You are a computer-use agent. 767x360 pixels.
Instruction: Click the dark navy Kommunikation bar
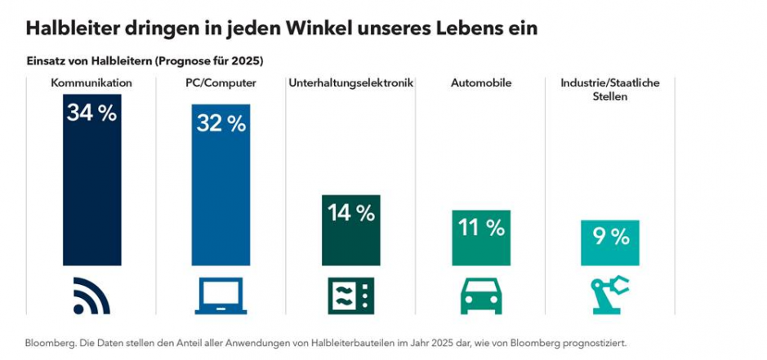91,196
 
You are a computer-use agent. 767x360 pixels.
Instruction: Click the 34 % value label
91,113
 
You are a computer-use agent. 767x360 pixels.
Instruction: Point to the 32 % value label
221,123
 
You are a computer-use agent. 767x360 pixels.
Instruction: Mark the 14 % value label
350,214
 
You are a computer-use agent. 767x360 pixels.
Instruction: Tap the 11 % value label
481,228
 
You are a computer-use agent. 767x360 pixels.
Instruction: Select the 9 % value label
610,237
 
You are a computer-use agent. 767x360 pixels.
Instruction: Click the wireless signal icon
91,296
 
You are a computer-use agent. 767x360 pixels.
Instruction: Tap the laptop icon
221,296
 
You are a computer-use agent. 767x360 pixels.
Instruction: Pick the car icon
481,296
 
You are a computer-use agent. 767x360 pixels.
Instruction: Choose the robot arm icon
610,296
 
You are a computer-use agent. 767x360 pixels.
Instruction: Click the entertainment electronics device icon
350,296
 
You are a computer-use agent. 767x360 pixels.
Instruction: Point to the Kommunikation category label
91,82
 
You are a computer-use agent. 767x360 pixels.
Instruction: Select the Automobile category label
481,82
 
